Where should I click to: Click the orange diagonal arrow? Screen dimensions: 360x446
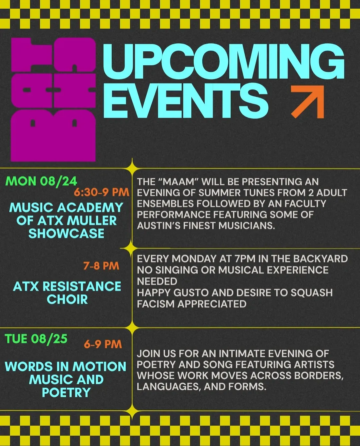(x=308, y=102)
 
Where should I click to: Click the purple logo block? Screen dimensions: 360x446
(x=53, y=100)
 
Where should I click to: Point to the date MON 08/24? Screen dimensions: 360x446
(x=41, y=181)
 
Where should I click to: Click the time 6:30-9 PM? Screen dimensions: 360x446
(x=102, y=192)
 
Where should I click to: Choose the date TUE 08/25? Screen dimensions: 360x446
(x=36, y=339)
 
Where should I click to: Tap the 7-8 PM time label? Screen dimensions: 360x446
(x=101, y=266)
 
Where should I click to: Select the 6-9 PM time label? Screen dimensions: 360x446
(x=103, y=344)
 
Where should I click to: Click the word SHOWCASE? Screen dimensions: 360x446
(x=66, y=233)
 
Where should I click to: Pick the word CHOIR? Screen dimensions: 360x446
(x=67, y=299)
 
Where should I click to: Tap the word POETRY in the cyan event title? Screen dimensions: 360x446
(x=66, y=392)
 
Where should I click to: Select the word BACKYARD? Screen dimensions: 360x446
(x=320, y=259)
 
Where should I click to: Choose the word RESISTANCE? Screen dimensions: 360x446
(x=82, y=286)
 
